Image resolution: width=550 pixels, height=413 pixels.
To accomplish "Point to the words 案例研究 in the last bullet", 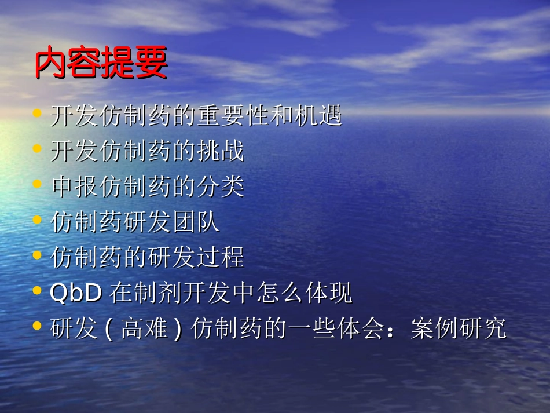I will tap(458, 329).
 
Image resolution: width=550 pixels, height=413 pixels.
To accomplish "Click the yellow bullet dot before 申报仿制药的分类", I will tap(38, 185).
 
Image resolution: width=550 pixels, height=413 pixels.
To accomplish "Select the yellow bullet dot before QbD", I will tap(38, 291).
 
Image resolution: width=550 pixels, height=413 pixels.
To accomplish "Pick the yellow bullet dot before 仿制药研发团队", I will tap(38, 221).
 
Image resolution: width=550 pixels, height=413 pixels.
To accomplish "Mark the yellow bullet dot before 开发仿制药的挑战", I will tap(38, 149).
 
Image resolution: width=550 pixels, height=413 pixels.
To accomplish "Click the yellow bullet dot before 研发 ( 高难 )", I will tap(38, 327).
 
